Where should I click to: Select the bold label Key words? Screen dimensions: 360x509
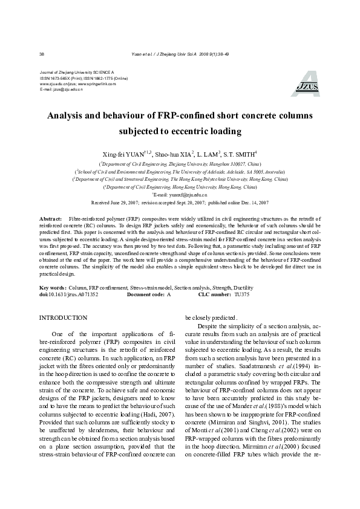point(52,288)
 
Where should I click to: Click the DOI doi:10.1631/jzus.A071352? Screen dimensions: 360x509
point(68,294)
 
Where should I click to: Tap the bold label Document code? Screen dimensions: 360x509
point(145,294)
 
